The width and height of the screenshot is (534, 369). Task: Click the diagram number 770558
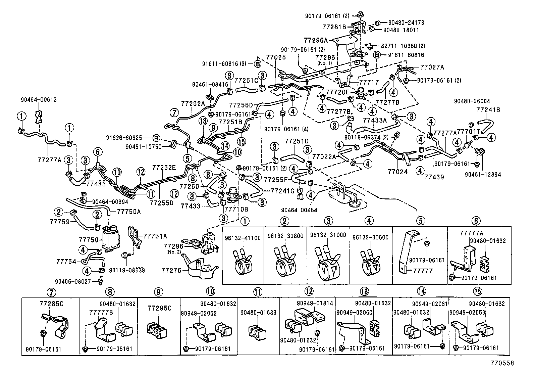click(503, 363)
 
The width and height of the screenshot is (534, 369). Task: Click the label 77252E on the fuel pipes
click(164, 167)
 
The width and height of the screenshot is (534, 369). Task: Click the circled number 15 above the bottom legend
click(476, 291)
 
